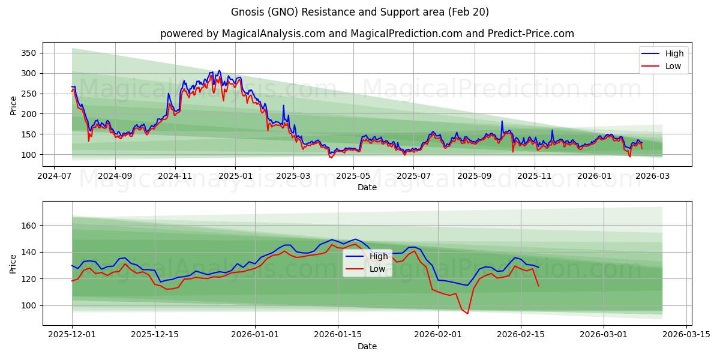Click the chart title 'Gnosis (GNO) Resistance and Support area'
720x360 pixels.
click(360, 12)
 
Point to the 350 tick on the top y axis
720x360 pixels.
click(29, 53)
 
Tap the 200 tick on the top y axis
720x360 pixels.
click(29, 114)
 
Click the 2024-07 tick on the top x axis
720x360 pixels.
click(55, 176)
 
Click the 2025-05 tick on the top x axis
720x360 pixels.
click(353, 176)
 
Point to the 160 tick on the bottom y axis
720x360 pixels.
click(29, 226)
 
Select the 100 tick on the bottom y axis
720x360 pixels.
click(29, 305)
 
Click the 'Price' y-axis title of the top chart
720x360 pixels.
click(14, 105)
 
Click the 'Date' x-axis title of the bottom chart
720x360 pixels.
click(367, 346)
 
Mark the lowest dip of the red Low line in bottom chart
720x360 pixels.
click(467, 313)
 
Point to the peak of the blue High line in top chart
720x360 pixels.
click(219, 70)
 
